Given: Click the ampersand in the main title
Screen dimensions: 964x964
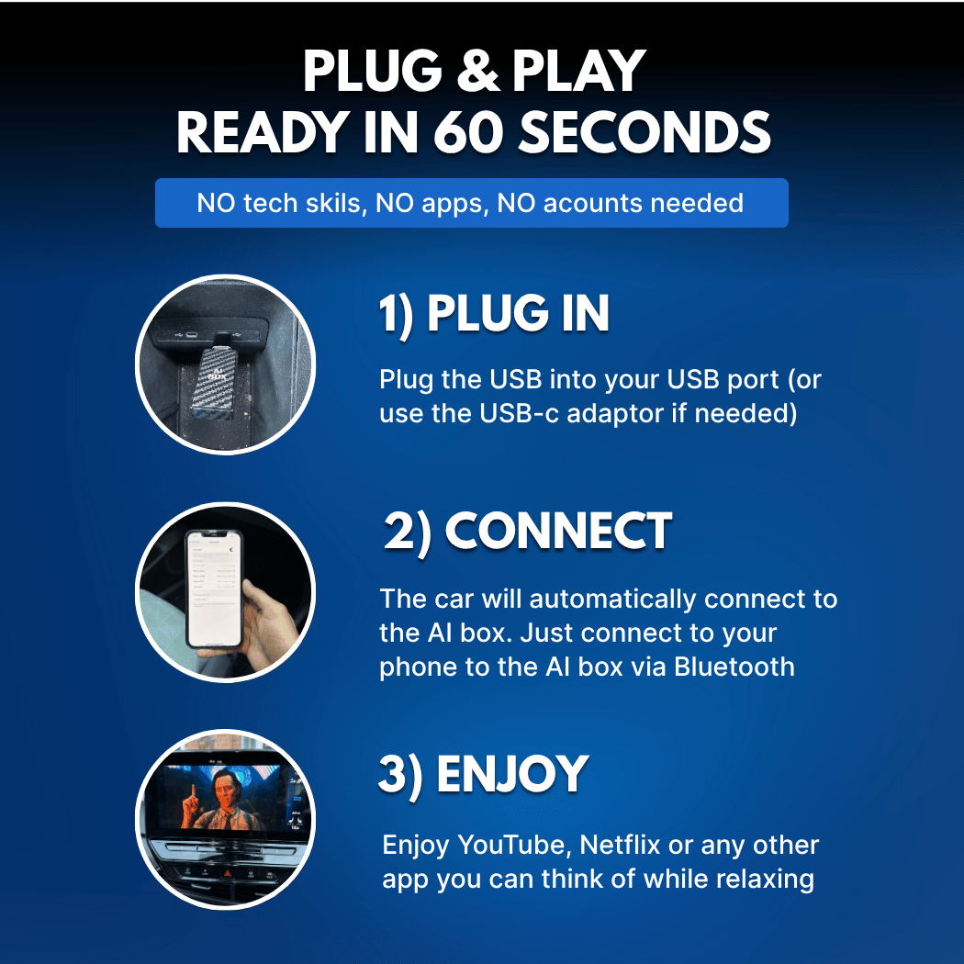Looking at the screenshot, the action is click(477, 72).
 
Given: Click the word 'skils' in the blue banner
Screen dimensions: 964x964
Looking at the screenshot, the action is click(333, 203).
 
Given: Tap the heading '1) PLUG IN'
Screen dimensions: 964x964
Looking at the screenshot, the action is click(494, 314).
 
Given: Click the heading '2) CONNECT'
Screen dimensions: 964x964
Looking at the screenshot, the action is click(528, 532).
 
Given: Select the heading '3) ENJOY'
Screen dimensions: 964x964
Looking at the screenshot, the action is click(483, 775).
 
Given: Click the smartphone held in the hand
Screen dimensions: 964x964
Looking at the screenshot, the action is click(214, 589).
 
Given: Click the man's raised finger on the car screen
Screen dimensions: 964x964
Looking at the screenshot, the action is click(193, 790).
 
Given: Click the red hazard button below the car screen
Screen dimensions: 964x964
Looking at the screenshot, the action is click(228, 873).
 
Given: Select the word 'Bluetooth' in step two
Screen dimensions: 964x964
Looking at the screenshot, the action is click(734, 667).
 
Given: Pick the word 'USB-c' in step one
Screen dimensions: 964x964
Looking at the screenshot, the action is click(519, 414).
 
